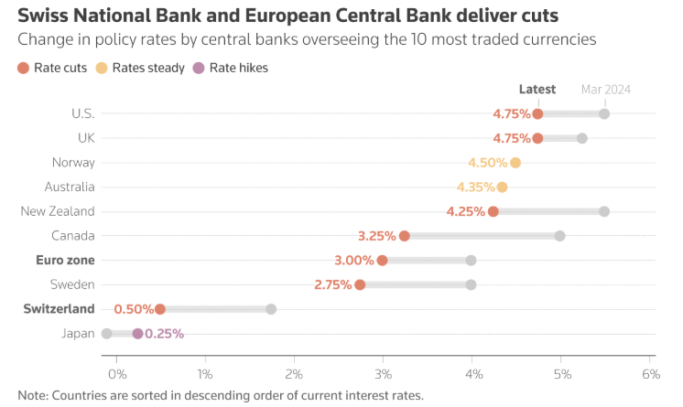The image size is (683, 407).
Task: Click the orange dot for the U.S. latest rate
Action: click(537, 113)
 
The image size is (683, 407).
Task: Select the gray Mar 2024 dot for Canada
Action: click(559, 236)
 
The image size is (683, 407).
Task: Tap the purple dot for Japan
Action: click(137, 334)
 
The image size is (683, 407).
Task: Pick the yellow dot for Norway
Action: click(515, 163)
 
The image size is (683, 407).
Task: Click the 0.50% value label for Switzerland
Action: click(133, 309)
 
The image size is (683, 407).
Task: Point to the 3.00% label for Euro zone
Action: click(354, 261)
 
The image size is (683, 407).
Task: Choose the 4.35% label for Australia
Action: click(475, 187)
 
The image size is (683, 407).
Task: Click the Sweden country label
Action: click(72, 284)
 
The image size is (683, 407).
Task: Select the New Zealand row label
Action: click(58, 211)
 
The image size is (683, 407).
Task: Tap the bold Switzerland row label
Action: click(59, 309)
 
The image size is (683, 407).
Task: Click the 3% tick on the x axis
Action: click(383, 374)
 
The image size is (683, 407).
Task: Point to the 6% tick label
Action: click(651, 374)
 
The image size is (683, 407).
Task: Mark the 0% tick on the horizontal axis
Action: click(116, 374)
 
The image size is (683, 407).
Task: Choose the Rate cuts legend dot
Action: click(23, 68)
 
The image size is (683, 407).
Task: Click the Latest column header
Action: click(537, 90)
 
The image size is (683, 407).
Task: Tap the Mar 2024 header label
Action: click(605, 90)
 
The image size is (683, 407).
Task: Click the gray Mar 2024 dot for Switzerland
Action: click(271, 309)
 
